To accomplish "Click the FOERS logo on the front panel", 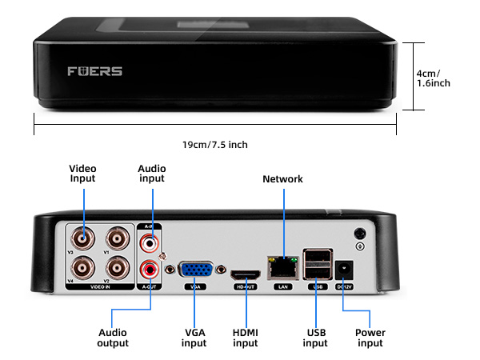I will pyautogui.click(x=95, y=71).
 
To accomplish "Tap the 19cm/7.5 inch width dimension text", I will pyautogui.click(x=214, y=144).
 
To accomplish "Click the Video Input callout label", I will pyautogui.click(x=82, y=174).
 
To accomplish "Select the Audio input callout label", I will pyautogui.click(x=151, y=174).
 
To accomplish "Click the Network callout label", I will pyautogui.click(x=282, y=179).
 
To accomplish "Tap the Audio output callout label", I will pyautogui.click(x=113, y=338).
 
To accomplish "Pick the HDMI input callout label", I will pyautogui.click(x=245, y=338).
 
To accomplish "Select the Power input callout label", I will pyautogui.click(x=370, y=338).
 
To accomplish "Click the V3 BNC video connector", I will pyautogui.click(x=82, y=238).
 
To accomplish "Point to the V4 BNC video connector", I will pyautogui.click(x=82, y=267).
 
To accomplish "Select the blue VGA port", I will pyautogui.click(x=194, y=271).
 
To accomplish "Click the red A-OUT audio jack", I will pyautogui.click(x=148, y=269).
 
